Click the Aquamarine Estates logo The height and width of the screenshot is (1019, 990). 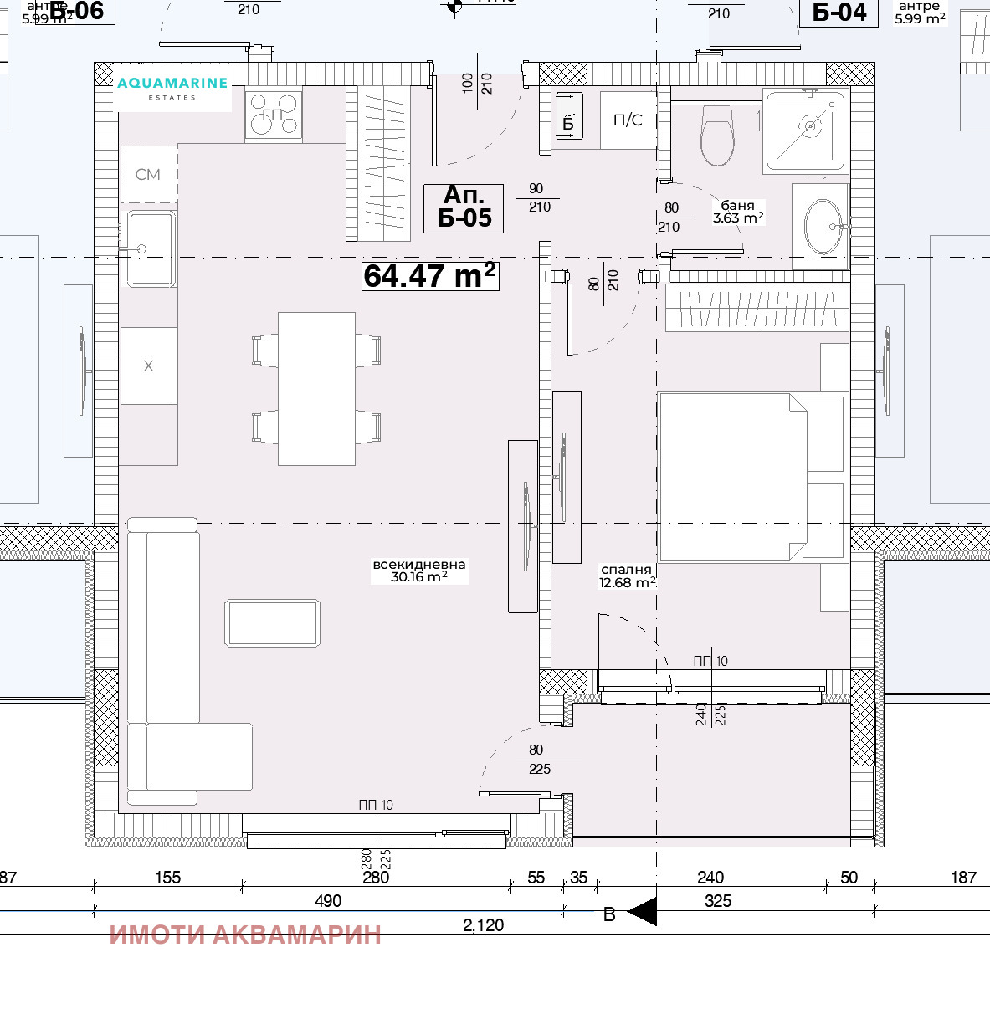172,87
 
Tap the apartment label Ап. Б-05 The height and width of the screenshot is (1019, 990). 464,207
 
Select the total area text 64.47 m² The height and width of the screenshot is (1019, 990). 430,275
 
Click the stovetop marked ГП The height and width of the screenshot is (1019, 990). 273,115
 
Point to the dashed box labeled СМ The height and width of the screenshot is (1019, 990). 148,174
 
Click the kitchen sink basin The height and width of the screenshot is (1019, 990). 151,248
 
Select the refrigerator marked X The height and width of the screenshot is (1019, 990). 148,366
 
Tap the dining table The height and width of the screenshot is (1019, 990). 316,388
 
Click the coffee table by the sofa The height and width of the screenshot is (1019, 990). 272,623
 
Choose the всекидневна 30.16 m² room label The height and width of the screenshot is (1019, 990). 418,571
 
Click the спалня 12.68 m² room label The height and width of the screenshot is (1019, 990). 627,576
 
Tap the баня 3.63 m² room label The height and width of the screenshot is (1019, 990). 737,212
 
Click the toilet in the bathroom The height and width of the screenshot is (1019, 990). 716,136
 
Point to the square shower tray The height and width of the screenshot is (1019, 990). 804,130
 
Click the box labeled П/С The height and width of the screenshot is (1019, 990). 628,120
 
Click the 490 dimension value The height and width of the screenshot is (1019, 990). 328,900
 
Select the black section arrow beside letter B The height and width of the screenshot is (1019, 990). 642,912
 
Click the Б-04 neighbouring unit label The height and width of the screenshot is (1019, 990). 839,12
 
